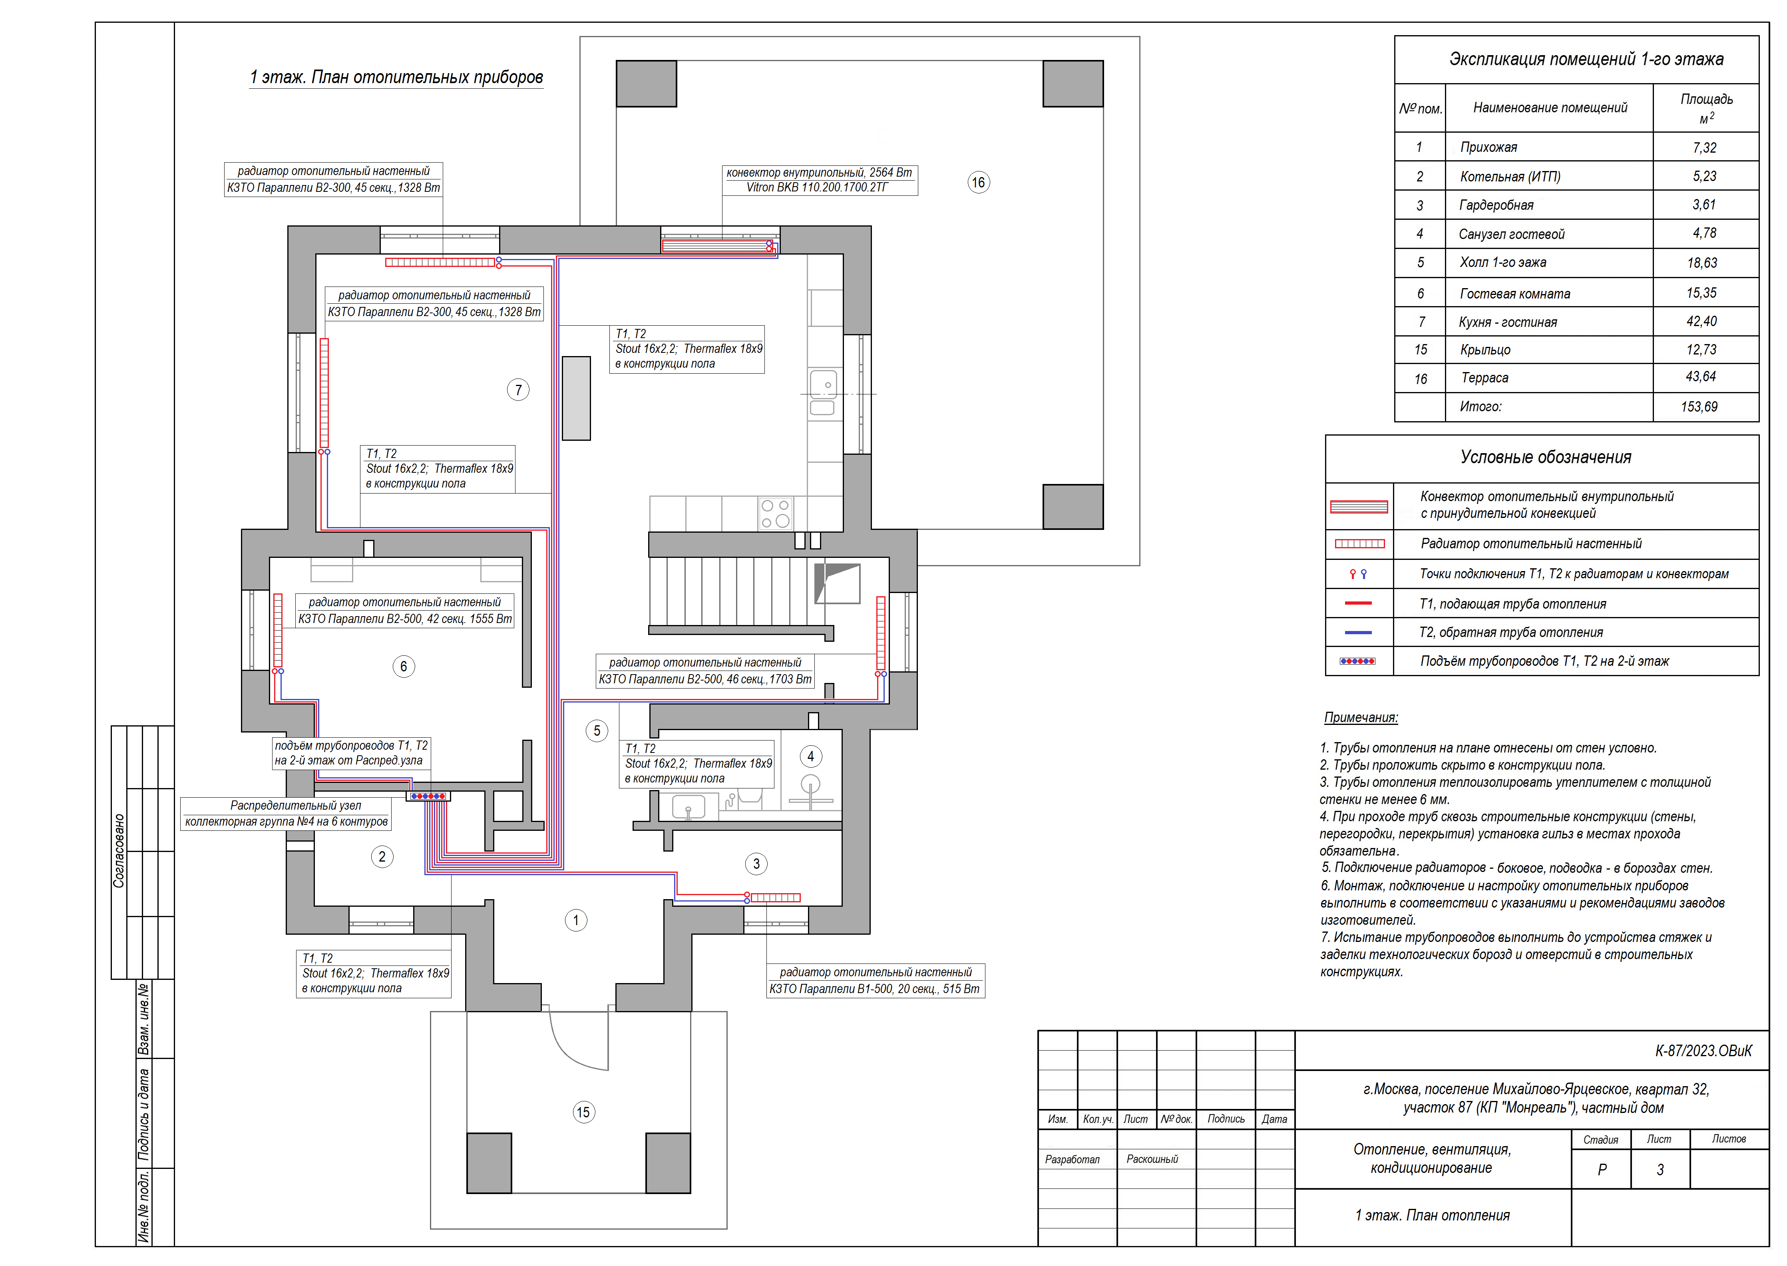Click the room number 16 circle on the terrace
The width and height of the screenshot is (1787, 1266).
979,182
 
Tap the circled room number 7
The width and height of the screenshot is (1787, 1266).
518,390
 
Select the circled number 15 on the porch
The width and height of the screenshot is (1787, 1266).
583,1113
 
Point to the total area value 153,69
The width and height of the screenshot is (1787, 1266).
1699,406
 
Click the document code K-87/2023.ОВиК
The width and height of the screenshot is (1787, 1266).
1703,1051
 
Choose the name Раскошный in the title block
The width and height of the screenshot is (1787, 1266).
1152,1159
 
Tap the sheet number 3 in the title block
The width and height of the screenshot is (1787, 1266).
1660,1169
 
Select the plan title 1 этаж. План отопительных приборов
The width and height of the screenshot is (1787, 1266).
396,77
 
